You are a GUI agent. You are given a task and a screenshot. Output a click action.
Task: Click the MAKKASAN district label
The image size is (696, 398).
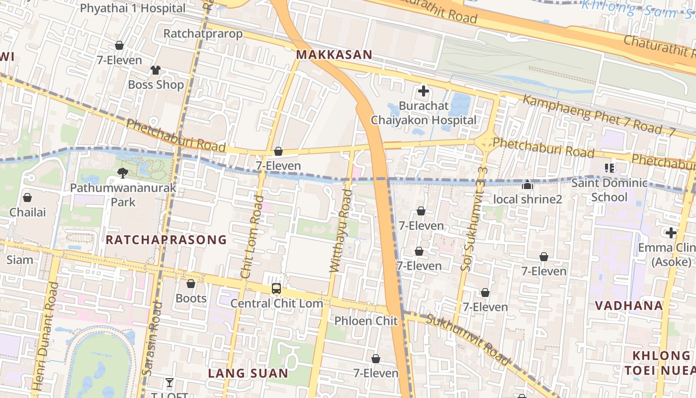[334, 55]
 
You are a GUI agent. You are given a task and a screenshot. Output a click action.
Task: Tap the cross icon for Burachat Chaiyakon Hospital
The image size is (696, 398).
[424, 92]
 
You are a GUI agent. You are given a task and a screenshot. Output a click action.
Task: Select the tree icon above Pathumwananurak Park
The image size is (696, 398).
[122, 173]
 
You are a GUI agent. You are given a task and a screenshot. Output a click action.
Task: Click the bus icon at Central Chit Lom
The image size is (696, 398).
[276, 289]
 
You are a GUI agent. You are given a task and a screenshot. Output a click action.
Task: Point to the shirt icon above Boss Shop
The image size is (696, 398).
[156, 70]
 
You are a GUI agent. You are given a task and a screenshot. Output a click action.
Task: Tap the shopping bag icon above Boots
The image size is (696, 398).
[191, 284]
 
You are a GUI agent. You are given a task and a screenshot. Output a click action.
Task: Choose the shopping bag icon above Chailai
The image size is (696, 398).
[27, 198]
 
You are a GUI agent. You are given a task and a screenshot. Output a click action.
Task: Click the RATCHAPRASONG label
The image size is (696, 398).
[166, 240]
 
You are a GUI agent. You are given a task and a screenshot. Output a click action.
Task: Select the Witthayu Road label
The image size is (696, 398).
[341, 231]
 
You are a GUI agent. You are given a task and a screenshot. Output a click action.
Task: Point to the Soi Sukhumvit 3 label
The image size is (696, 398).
[474, 219]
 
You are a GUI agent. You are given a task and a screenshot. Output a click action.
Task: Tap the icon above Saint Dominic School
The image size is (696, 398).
[609, 168]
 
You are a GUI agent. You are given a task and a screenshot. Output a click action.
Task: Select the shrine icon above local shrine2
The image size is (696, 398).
[527, 185]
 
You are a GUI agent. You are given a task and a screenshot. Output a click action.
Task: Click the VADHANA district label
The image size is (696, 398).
[629, 305]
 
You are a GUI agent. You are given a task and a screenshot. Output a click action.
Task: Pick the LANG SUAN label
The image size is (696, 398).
[248, 373]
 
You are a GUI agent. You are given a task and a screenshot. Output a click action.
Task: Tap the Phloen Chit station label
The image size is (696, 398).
[366, 321]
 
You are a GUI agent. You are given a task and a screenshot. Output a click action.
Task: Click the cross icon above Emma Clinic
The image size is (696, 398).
[671, 233]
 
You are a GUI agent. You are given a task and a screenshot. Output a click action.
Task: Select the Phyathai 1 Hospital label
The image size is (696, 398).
[132, 8]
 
